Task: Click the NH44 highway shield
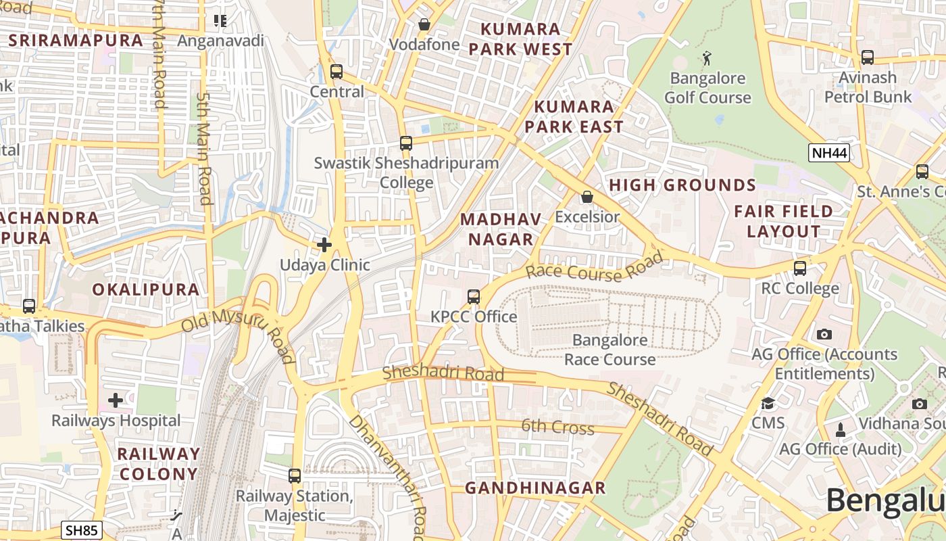(829, 153)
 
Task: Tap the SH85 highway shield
(82, 530)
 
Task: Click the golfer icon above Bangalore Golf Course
(707, 58)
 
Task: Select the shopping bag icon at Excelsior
(587, 197)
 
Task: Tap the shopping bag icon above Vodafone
(424, 24)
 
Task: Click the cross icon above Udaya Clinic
(324, 245)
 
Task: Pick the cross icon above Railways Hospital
(116, 400)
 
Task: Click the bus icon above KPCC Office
(474, 297)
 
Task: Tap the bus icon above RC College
(800, 268)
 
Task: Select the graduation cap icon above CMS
(768, 404)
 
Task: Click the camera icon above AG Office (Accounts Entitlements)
(824, 334)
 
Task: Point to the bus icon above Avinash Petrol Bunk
(868, 57)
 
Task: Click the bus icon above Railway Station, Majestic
(295, 476)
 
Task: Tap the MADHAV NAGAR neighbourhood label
(501, 229)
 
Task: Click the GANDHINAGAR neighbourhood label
(535, 488)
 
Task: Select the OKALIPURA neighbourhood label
(146, 290)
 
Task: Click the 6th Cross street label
(557, 427)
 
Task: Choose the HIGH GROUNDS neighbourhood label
(682, 185)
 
